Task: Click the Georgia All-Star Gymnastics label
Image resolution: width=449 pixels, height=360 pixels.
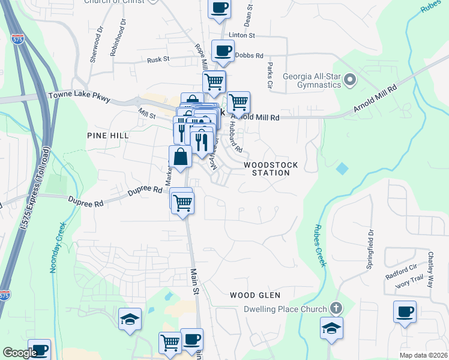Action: pyautogui.click(x=312, y=80)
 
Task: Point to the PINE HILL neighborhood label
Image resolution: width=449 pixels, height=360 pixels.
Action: pyautogui.click(x=107, y=136)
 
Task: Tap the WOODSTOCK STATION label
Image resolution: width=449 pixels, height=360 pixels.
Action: pyautogui.click(x=267, y=168)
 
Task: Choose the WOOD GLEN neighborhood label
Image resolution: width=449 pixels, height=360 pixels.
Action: pyautogui.click(x=256, y=295)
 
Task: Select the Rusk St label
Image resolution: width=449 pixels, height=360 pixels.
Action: pyautogui.click(x=158, y=59)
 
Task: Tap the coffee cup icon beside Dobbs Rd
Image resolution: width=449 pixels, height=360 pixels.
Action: pyautogui.click(x=223, y=52)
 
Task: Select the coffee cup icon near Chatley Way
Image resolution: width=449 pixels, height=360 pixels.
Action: pyautogui.click(x=405, y=312)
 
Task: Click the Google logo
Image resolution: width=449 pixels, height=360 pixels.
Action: pyautogui.click(x=20, y=353)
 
